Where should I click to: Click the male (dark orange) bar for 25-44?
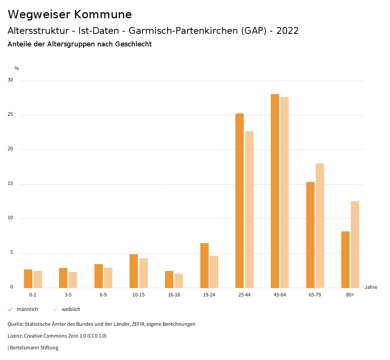(x=240, y=201)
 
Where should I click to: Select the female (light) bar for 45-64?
(x=285, y=193)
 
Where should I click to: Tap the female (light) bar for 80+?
(x=355, y=244)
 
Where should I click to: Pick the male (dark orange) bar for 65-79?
(x=310, y=235)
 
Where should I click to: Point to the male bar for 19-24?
(x=205, y=265)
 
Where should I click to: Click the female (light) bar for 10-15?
(x=144, y=273)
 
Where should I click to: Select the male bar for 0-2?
(x=28, y=279)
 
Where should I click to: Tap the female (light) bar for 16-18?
(x=179, y=280)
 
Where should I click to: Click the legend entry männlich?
(x=27, y=309)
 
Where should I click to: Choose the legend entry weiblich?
(x=71, y=309)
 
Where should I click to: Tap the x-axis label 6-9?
(x=103, y=295)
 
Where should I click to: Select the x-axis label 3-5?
(x=68, y=295)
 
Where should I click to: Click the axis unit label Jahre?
(x=371, y=287)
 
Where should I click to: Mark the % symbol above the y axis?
(x=16, y=68)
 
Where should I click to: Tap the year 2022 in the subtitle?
(x=288, y=31)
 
